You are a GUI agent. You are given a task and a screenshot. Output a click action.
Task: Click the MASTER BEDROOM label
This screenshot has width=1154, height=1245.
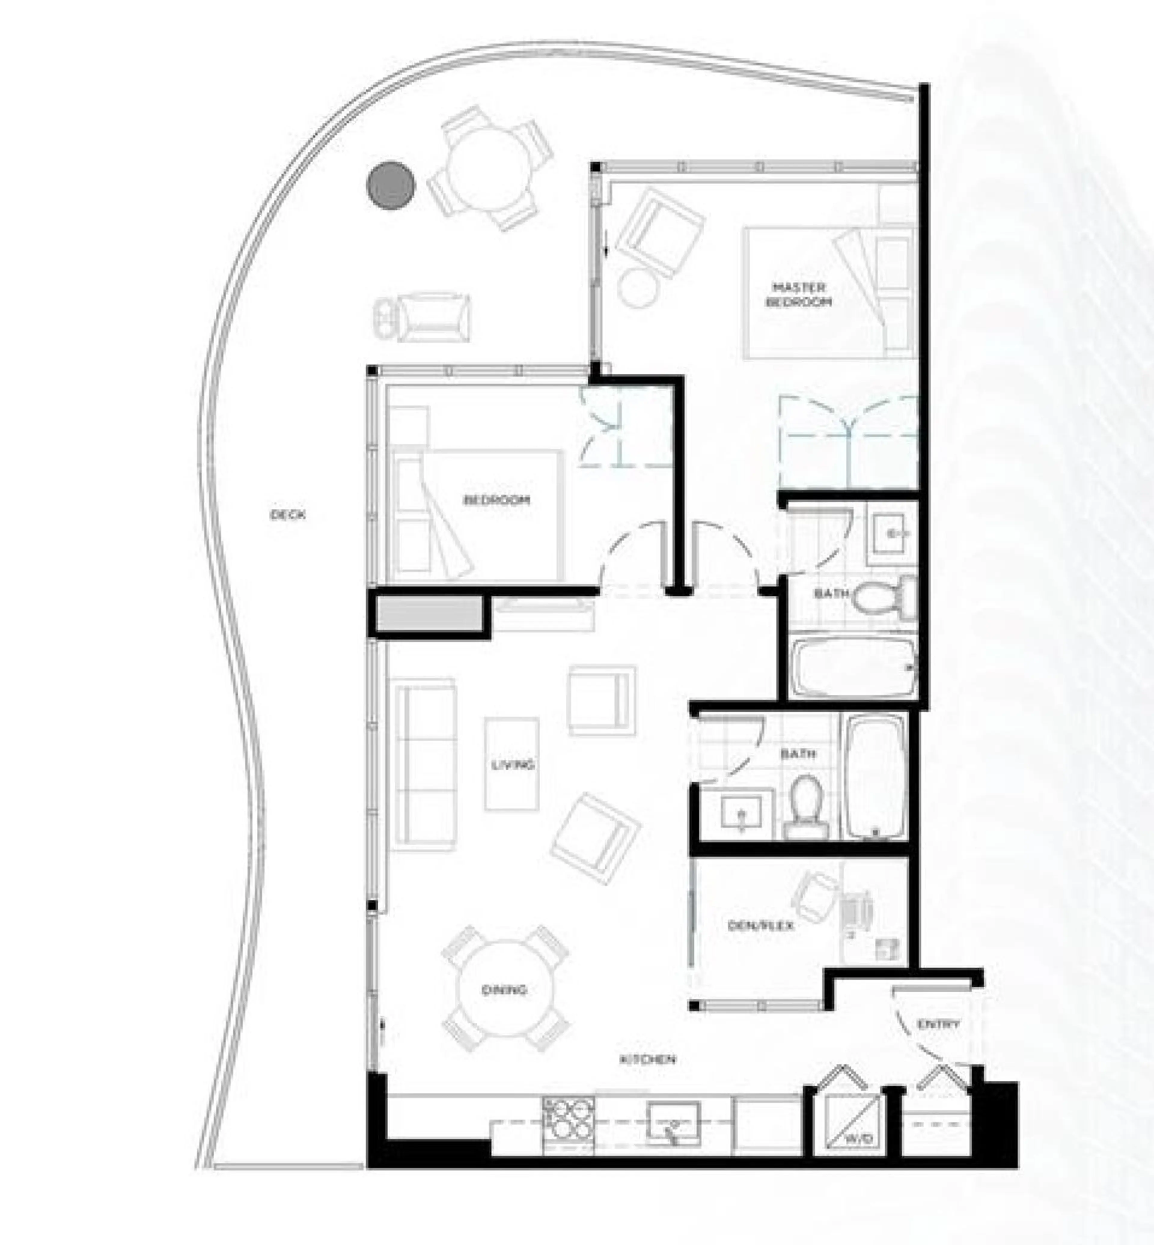799,295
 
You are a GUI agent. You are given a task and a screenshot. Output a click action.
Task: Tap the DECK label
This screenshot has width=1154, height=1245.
288,515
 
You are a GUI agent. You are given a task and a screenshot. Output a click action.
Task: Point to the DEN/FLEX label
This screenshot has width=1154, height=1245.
761,925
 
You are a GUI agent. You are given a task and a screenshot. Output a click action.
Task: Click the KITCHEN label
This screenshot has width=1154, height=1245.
648,1059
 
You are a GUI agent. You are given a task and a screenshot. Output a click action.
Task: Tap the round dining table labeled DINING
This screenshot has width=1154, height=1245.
505,989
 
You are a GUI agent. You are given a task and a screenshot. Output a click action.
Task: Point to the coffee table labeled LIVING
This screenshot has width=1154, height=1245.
511,764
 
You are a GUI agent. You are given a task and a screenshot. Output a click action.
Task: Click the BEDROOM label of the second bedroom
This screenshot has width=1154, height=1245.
496,500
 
